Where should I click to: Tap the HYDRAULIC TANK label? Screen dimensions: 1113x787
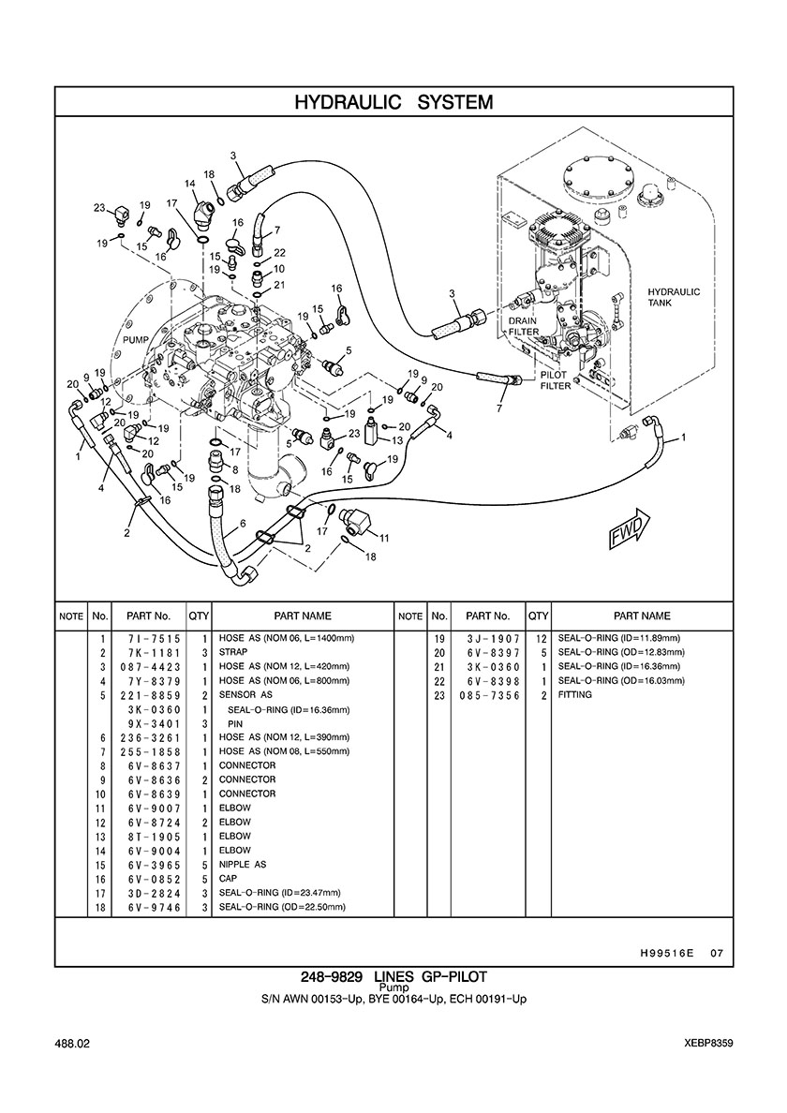tap(674, 298)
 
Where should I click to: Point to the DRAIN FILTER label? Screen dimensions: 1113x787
tap(523, 326)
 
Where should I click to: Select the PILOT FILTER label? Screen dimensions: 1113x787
tap(556, 380)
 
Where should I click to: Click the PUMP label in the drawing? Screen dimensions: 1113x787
tap(136, 340)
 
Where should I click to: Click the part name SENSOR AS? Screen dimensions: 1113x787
tap(245, 695)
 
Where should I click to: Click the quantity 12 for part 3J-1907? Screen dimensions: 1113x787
tap(540, 638)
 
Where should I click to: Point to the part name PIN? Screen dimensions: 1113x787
tap(235, 723)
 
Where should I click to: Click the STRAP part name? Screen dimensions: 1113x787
tap(233, 652)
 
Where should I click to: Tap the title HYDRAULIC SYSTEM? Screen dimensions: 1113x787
tap(393, 102)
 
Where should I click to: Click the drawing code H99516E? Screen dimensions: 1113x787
tap(665, 954)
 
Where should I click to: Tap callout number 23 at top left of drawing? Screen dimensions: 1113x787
tap(98, 207)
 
